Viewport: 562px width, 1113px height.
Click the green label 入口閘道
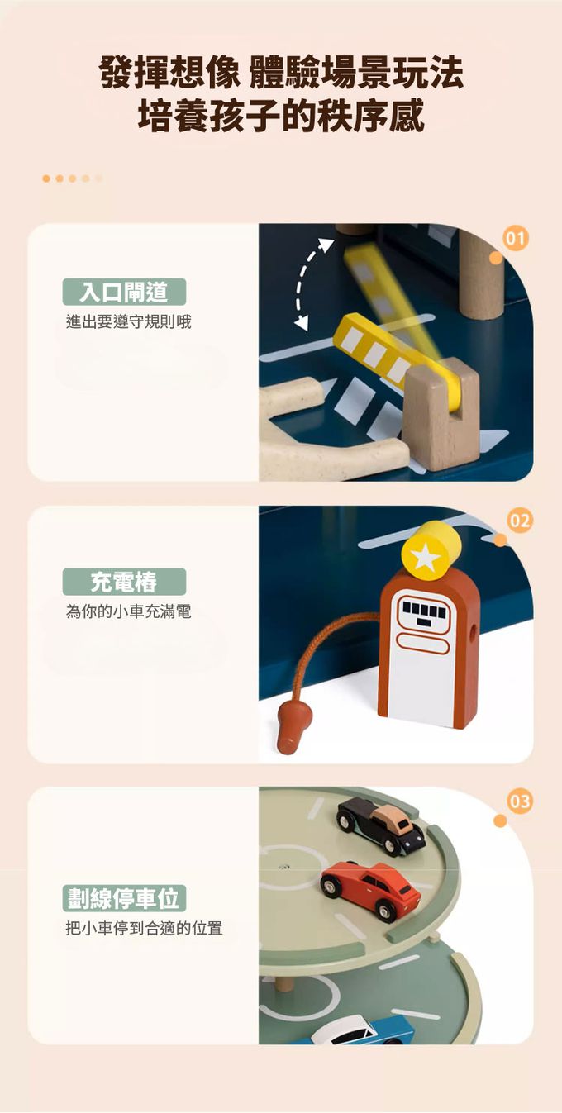pyautogui.click(x=124, y=292)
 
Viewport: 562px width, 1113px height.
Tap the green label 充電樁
pyautogui.click(x=124, y=582)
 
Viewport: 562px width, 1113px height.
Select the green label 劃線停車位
pyautogui.click(x=124, y=898)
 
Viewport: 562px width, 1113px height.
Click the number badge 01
pyautogui.click(x=515, y=239)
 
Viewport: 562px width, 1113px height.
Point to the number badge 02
pyautogui.click(x=519, y=521)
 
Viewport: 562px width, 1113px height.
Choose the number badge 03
pyautogui.click(x=519, y=801)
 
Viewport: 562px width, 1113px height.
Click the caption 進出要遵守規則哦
pyautogui.click(x=129, y=322)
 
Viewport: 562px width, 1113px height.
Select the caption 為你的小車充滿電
pyautogui.click(x=129, y=611)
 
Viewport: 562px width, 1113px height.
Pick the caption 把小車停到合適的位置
pyautogui.click(x=144, y=928)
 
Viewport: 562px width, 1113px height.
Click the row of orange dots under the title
pyautogui.click(x=73, y=178)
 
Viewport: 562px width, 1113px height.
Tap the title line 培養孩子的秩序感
pyautogui.click(x=281, y=116)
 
